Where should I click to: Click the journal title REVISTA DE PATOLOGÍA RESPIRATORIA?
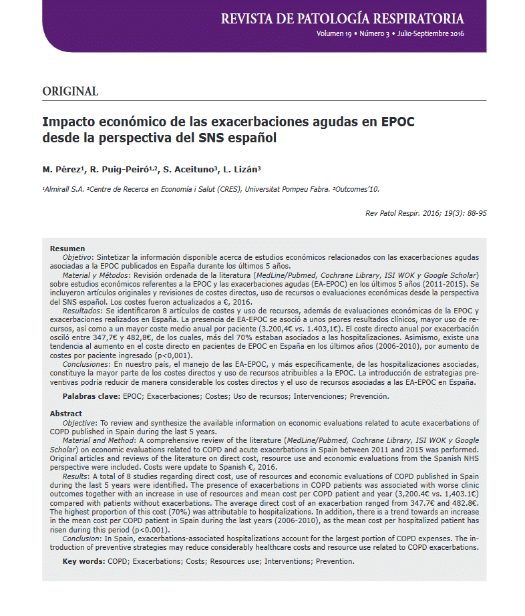pos(342,18)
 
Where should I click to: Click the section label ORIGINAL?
pos(70,92)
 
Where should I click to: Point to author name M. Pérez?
pos(61,170)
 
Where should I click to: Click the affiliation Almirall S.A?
pos(65,189)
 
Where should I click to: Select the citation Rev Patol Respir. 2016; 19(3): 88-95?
pos(426,213)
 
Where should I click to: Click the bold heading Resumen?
pos(67,249)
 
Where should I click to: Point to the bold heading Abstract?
pos(66,414)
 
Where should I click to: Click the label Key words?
pos(83,561)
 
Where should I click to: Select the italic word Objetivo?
pos(79,257)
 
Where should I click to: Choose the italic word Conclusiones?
pos(90,364)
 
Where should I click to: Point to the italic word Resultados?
pos(85,311)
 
